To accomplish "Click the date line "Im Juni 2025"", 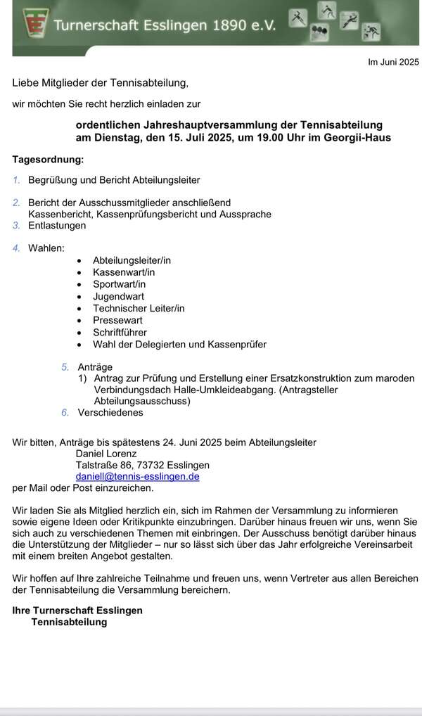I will (393, 62).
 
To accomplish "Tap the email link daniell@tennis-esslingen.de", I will (137, 476).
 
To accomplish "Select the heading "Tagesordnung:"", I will (48, 160).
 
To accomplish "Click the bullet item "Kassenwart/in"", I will (124, 272).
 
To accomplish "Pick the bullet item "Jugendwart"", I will (118, 296).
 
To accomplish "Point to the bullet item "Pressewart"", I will (117, 320).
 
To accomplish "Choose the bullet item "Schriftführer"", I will (120, 332).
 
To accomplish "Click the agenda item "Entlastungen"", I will (57, 226).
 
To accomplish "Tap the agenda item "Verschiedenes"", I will (110, 412).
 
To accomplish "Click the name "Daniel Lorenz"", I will (106, 454).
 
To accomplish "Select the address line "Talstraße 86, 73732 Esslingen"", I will (142, 465).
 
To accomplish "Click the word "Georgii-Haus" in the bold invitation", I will (357, 137).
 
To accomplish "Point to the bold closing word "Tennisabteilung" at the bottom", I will (69, 622).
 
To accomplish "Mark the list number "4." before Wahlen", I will (16, 248).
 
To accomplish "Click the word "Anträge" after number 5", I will (95, 367).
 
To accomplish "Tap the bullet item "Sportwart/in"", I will (120, 284).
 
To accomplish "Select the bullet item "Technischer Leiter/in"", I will (139, 308).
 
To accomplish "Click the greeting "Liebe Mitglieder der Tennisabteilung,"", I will (101, 83).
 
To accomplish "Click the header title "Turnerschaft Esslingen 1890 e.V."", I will (165, 25).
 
